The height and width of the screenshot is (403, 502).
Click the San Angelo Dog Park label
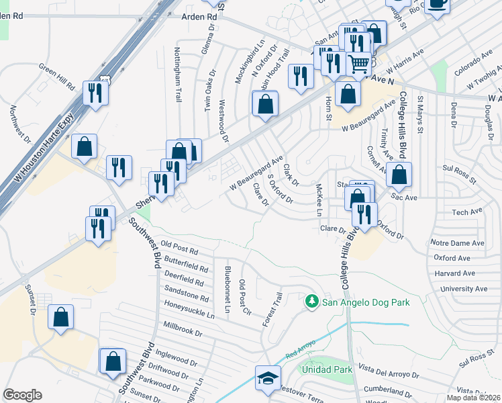tap(366, 302)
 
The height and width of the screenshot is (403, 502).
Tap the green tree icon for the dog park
tap(311, 302)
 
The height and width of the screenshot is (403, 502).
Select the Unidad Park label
tap(327, 369)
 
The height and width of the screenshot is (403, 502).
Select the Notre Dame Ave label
tap(459, 242)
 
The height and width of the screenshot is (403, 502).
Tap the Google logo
tap(22, 395)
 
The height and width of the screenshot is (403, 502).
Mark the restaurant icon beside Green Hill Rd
tap(95, 93)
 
